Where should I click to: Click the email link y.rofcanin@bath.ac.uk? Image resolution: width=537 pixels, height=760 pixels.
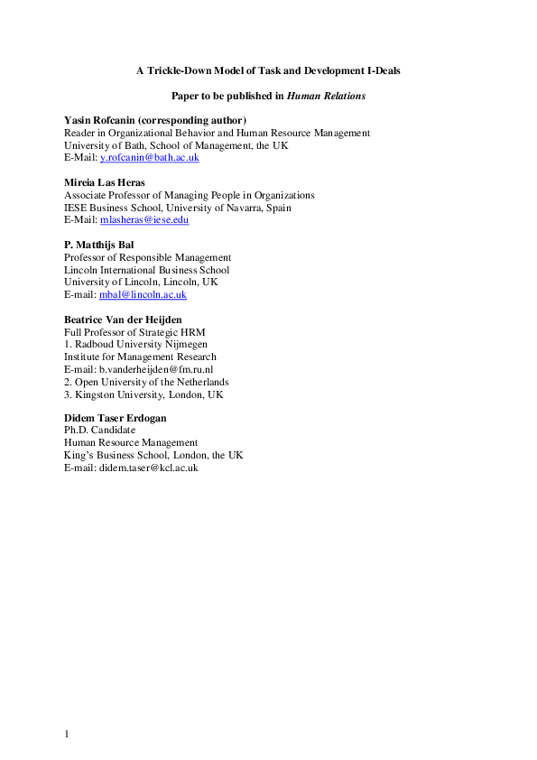pos(149,158)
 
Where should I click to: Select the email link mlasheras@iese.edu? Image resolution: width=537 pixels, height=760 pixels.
pos(144,219)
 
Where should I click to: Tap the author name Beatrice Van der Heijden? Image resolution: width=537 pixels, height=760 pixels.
pos(122,320)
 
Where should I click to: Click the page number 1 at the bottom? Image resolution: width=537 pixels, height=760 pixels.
pos(67,734)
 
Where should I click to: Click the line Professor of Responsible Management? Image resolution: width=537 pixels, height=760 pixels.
pos(147,257)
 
